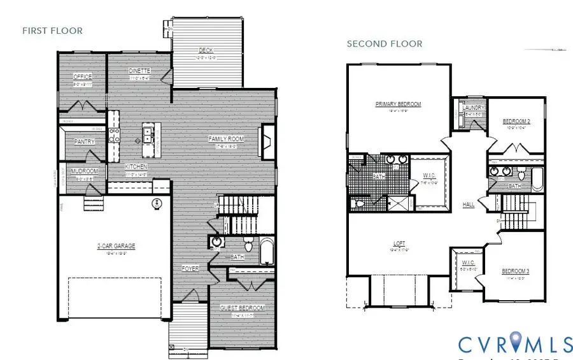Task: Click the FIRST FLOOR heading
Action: coord(53,30)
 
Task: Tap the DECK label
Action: coord(205,50)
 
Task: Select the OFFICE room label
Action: coord(83,76)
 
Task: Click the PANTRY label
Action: coord(85,141)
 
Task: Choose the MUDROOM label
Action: coord(83,171)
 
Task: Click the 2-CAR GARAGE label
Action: coord(116,246)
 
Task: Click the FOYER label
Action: coord(190,268)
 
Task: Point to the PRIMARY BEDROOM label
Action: coord(398,104)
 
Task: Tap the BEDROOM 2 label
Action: coord(516,121)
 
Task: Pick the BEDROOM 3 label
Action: coord(516,271)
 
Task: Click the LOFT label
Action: coord(399,243)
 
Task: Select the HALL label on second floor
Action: coord(469,205)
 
